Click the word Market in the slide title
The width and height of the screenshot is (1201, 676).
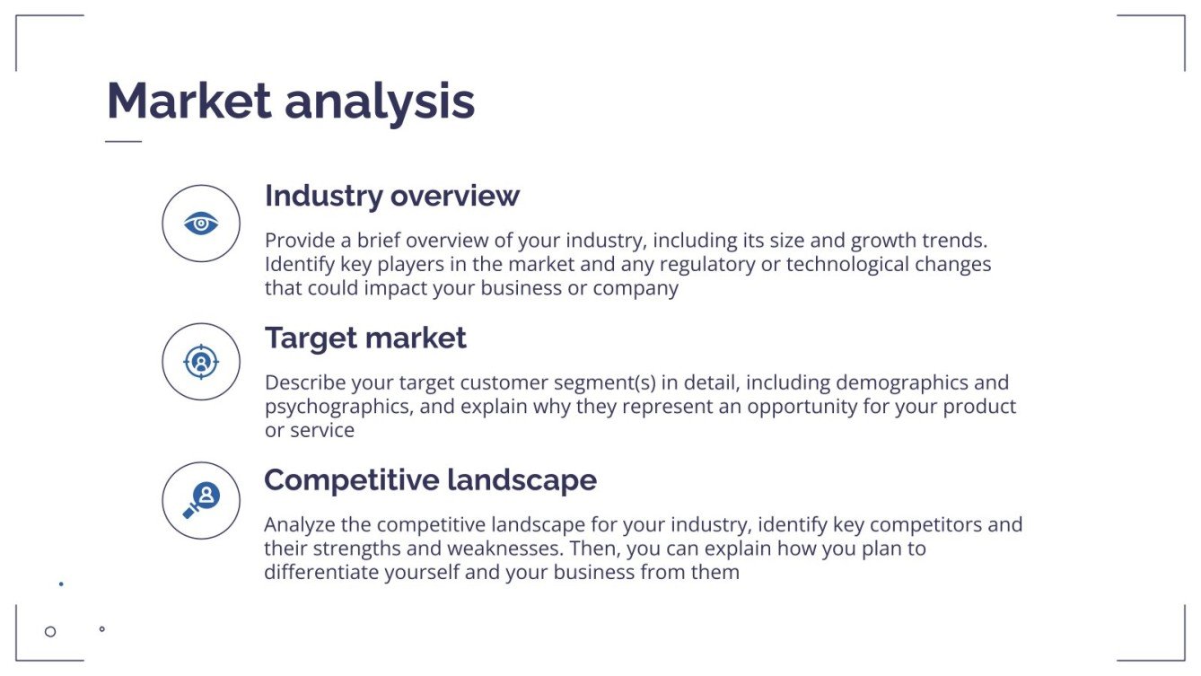pos(188,101)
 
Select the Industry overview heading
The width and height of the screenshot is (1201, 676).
pos(391,196)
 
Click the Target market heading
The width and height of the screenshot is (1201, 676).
pos(365,338)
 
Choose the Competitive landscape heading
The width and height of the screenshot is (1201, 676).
pos(430,480)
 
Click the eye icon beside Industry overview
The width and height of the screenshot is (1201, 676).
pos(201,224)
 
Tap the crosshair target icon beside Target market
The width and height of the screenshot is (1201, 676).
pos(201,362)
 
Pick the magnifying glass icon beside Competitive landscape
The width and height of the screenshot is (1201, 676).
pos(201,500)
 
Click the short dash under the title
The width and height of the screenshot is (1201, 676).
pos(123,141)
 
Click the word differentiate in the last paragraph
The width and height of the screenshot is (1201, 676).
pos(321,573)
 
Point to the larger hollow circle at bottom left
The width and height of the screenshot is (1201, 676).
pos(50,631)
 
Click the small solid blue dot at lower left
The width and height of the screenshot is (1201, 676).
pos(61,584)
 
